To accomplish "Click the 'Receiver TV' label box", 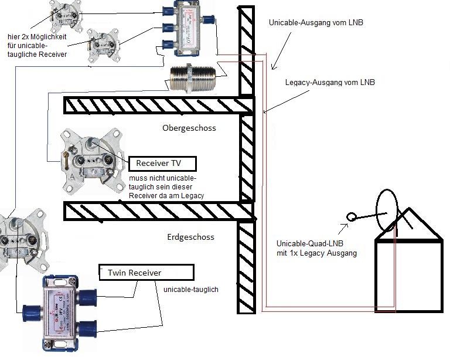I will (x=163, y=163).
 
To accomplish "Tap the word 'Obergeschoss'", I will (x=189, y=128).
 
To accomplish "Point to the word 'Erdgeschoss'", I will (x=190, y=237).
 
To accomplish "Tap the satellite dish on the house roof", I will (x=386, y=211).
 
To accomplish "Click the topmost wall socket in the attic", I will (x=64, y=16).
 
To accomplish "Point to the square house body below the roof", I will (x=408, y=275).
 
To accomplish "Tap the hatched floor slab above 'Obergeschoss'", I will (x=158, y=106).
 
